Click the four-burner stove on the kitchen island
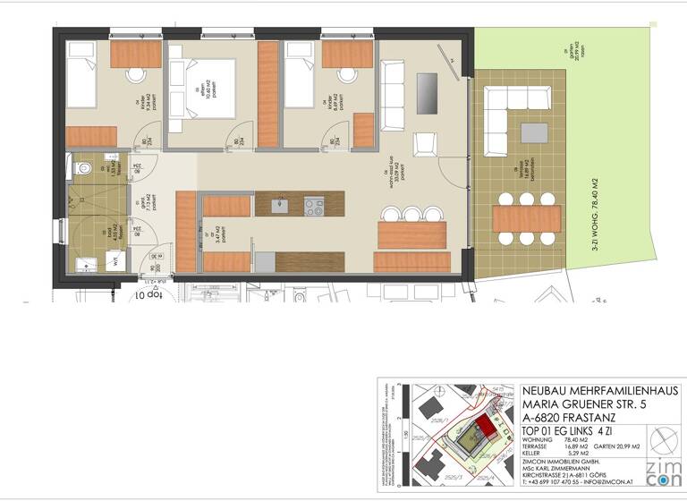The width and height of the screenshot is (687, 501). click(314, 207)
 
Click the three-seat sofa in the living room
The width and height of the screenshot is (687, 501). click(393, 96)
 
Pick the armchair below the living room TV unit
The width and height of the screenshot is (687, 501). click(425, 143)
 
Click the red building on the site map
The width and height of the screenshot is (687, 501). click(486, 428)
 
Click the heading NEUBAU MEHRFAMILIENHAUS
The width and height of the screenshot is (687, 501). click(600, 392)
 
